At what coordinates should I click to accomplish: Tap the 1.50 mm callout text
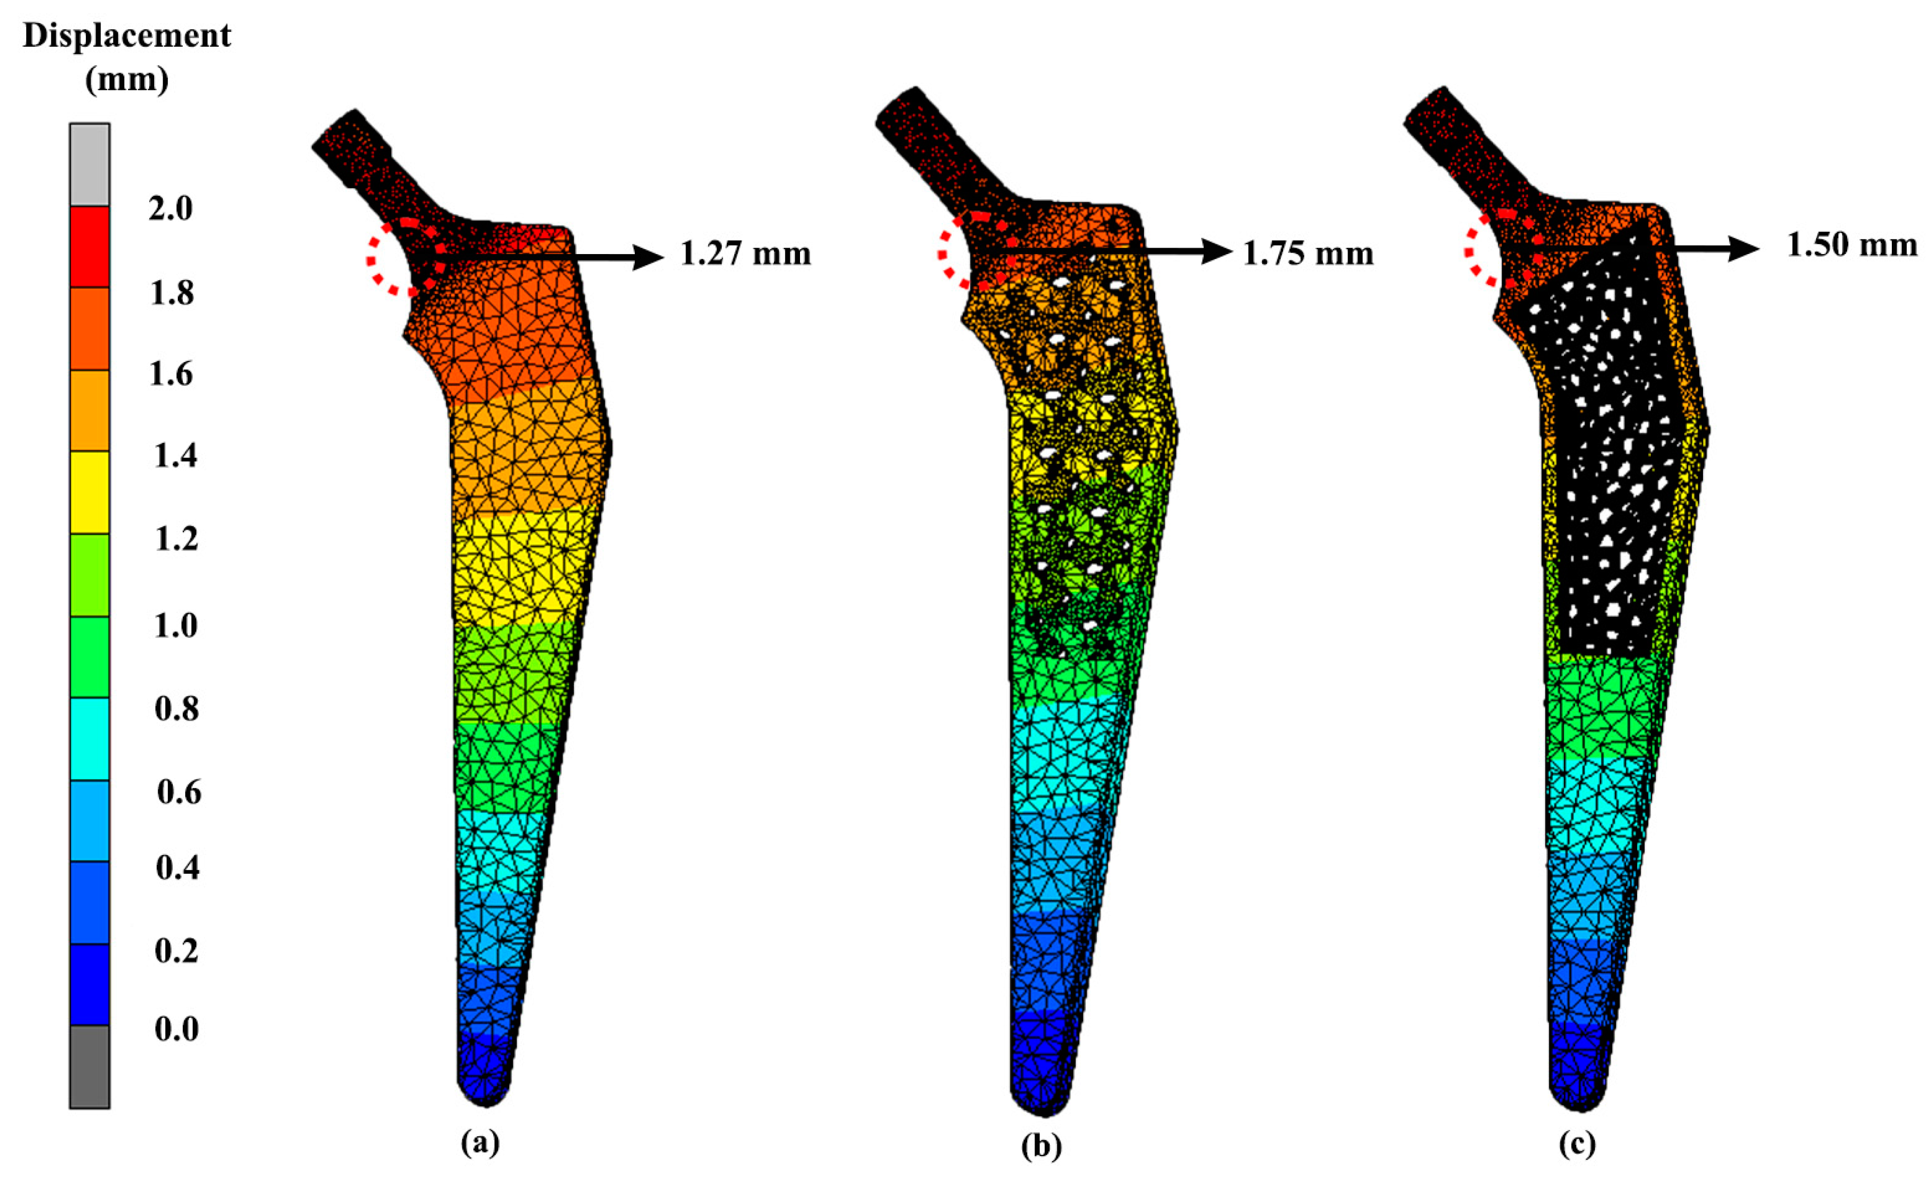(1852, 245)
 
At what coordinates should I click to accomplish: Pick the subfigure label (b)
(1042, 1147)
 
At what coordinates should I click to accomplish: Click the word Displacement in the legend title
(127, 36)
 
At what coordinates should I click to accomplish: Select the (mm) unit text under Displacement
(127, 80)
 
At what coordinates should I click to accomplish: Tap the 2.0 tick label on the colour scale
(171, 209)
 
